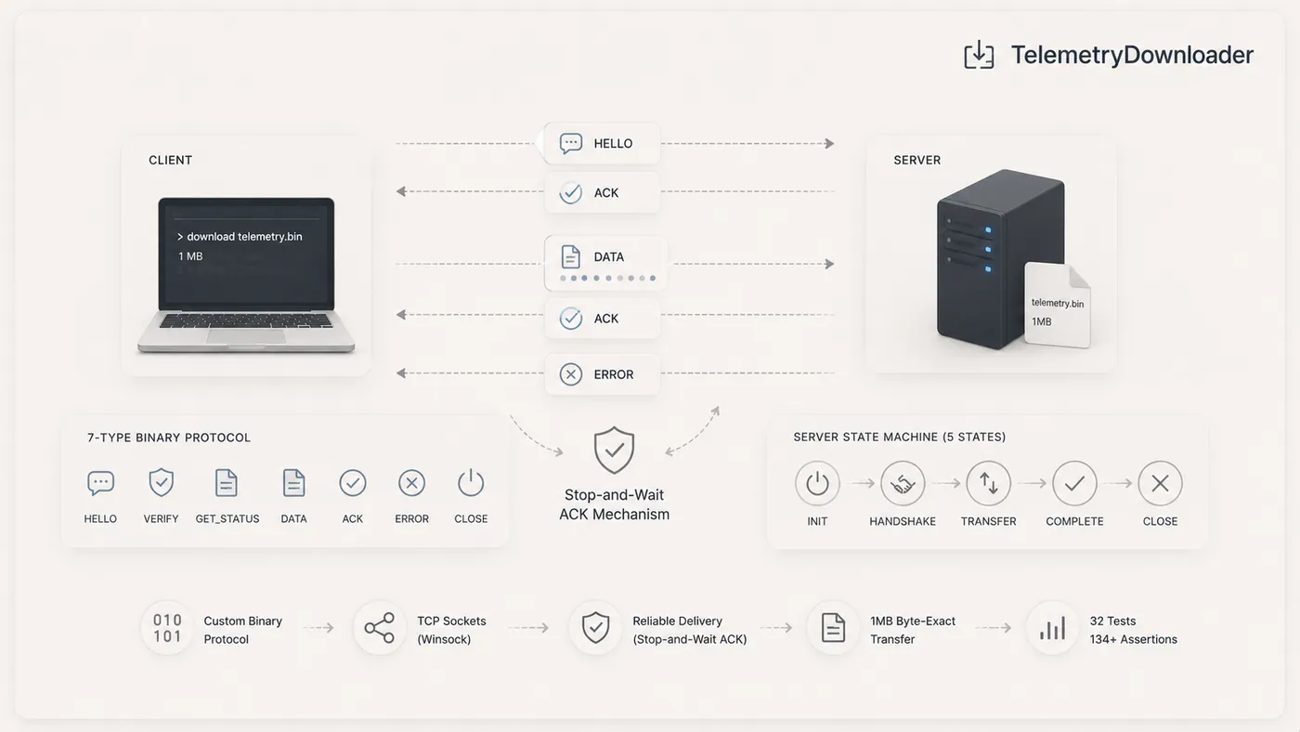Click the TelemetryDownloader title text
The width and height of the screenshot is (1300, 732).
pos(1132,55)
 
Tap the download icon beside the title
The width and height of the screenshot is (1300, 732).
pos(979,55)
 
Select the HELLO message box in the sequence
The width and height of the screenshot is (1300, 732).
pos(602,143)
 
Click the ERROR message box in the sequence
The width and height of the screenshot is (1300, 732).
pos(602,374)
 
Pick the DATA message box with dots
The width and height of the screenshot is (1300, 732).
pos(605,263)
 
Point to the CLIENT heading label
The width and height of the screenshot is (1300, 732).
pos(170,160)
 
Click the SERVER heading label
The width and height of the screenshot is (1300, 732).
pos(917,160)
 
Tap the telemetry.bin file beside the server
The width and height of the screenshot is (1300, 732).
pos(1058,305)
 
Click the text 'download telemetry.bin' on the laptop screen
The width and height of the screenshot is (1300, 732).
pos(244,237)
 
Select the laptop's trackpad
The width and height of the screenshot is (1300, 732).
pos(246,336)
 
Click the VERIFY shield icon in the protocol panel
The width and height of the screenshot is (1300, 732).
pos(161,482)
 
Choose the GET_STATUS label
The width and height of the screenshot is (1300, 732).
pos(227,519)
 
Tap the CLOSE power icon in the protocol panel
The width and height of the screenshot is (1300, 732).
pos(471,482)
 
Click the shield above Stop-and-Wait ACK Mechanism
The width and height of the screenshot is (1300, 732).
pos(614,451)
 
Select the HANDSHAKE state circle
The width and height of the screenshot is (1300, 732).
pos(903,483)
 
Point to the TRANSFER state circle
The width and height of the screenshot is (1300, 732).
pos(988,483)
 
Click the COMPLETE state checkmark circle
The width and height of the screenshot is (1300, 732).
pos(1074,483)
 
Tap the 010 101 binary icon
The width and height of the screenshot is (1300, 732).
pos(167,628)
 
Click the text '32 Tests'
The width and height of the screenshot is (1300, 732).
pos(1112,621)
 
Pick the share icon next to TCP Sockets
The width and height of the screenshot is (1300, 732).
pos(380,628)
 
